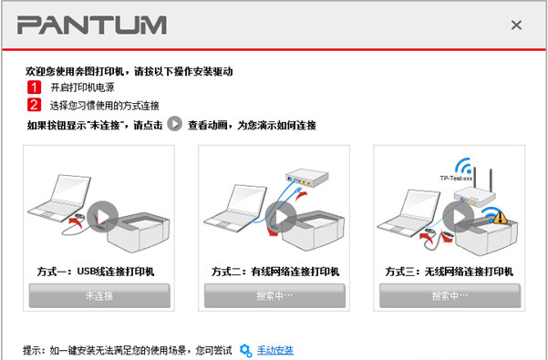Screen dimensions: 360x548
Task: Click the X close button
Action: [x=516, y=26]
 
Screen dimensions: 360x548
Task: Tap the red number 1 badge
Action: [x=34, y=87]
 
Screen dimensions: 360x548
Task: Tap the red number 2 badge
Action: [x=34, y=105]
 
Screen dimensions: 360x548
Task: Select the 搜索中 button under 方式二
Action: [x=274, y=295]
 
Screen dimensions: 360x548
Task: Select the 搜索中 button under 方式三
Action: [x=450, y=295]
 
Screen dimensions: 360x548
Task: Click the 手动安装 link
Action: [x=275, y=350]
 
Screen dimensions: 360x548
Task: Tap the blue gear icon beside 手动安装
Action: [x=245, y=350]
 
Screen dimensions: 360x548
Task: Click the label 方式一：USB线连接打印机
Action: [x=99, y=271]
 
